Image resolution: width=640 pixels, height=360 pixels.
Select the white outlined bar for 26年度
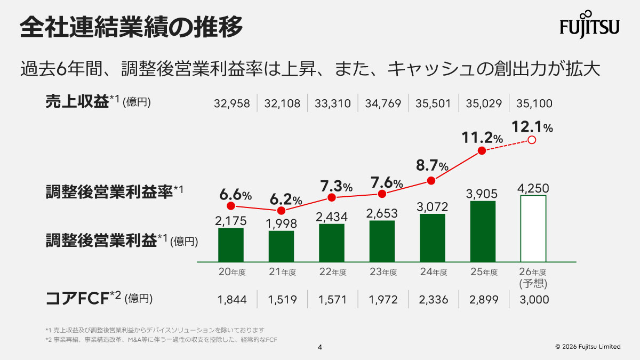[x=533, y=228]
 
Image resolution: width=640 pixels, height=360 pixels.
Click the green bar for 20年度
[x=230, y=245]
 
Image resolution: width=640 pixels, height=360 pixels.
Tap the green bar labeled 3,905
[x=483, y=231]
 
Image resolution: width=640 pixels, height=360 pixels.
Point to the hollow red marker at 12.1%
[x=531, y=140]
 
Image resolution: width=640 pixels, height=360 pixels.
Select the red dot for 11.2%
[x=482, y=151]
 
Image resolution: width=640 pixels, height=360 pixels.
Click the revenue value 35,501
[x=433, y=103]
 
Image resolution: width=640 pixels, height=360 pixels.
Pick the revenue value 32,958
[x=231, y=103]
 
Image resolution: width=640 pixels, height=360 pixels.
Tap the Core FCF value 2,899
[x=484, y=300]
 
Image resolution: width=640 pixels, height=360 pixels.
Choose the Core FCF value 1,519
[x=282, y=300]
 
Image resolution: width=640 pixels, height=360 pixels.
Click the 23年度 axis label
[x=383, y=272]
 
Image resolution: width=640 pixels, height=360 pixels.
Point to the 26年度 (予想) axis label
[x=533, y=277]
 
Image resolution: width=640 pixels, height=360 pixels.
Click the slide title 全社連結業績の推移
[x=132, y=27]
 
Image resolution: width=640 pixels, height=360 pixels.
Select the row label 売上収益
[x=77, y=102]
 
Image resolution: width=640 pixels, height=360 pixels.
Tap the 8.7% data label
[x=432, y=165]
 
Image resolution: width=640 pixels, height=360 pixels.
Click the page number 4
[x=320, y=347]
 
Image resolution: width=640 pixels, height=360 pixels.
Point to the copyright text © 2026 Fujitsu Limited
[x=588, y=347]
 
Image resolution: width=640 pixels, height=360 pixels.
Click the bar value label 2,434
[x=332, y=217]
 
